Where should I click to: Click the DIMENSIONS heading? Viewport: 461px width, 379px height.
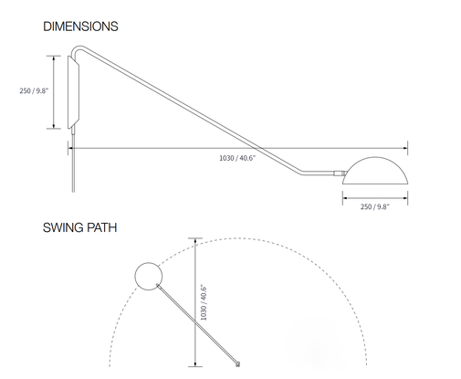80,26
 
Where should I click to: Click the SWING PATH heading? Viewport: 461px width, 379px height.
79,227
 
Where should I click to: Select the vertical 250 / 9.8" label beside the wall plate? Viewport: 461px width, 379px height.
34,90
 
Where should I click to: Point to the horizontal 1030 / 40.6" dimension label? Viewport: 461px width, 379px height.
237,158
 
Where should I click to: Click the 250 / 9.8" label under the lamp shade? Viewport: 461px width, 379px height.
375,207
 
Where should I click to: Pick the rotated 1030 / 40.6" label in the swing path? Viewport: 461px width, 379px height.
204,303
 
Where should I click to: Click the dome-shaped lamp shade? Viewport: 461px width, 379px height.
375,171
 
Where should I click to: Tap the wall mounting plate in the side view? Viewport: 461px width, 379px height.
73,92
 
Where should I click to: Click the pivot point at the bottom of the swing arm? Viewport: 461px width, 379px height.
238,363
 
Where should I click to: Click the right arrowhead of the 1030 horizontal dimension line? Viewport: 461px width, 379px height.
405,148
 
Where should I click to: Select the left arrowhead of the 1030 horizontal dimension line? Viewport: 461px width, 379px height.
70,148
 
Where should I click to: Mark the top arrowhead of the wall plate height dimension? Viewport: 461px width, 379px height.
54,58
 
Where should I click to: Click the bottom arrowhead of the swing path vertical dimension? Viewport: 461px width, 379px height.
195,363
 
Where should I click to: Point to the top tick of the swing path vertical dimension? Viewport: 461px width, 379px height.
195,238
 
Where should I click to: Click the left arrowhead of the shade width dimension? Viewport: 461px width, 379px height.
345,198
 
